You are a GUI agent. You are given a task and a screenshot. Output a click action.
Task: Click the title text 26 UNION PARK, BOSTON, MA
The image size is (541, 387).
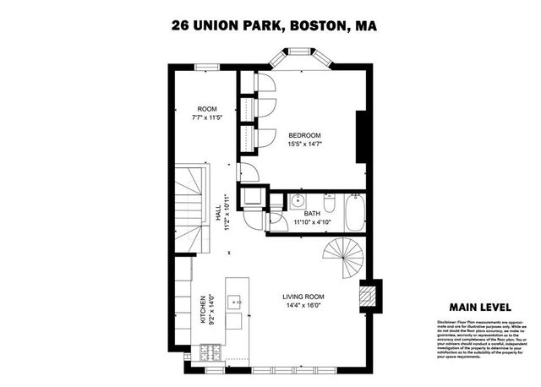click(x=270, y=26)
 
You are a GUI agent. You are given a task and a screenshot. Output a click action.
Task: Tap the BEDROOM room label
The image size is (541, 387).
click(x=305, y=135)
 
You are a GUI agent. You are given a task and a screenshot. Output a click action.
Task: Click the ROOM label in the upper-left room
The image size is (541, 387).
click(x=207, y=109)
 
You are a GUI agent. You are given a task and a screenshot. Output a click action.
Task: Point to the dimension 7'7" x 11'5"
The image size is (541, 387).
click(x=207, y=118)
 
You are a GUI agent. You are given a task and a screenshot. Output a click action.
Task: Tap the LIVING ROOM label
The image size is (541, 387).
click(x=304, y=296)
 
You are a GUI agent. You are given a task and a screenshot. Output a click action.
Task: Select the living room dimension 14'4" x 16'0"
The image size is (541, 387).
click(x=304, y=306)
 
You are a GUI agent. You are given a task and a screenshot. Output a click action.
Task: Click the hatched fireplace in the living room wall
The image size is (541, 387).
click(x=366, y=296)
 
